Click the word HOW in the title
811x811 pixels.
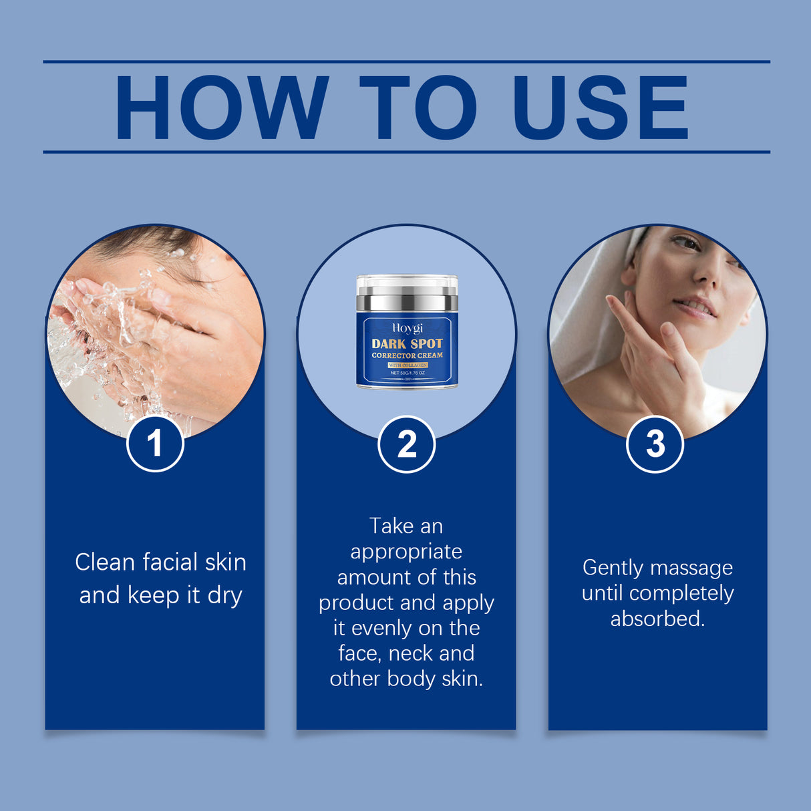[221, 108]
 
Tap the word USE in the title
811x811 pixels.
[599, 108]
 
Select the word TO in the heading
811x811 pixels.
[418, 108]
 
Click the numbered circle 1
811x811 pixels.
[155, 444]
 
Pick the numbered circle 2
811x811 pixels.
[406, 444]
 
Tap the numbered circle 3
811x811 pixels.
[655, 444]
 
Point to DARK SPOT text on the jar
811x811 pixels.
[407, 343]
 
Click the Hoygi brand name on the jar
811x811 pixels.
[407, 329]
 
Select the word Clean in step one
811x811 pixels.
[105, 562]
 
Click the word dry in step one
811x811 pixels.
[224, 595]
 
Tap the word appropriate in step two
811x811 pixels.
[406, 552]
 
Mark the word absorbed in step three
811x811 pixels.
[657, 619]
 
